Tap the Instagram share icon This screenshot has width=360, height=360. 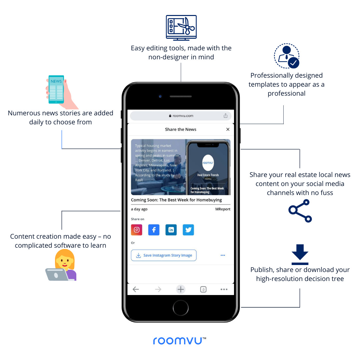pos(137,230)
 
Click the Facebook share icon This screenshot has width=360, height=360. pos(154,230)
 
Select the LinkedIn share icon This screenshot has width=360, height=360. pos(171,230)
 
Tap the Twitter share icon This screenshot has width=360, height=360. pos(188,230)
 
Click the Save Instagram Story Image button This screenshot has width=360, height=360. pos(164,255)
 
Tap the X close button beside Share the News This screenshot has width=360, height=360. pos(228,129)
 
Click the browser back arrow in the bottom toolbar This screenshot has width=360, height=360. pos(136,289)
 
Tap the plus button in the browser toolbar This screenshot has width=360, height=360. pos(181,289)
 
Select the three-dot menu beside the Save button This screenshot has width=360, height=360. pos(223,255)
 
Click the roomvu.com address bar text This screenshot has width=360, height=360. pos(182,116)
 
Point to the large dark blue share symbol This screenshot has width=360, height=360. pos(300,211)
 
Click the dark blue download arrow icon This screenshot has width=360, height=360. pos(300,254)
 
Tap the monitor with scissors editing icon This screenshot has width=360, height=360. pos(181,27)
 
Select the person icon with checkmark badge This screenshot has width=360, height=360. pos(287,56)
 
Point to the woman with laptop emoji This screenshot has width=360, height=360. pos(62,265)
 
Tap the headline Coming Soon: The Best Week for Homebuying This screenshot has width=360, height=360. pos(176,200)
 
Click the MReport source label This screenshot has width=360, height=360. pos(223,209)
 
